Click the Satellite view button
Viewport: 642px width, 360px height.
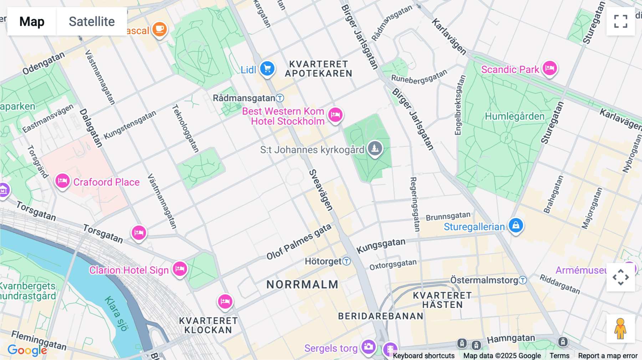[92, 21]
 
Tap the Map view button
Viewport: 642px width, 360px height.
[32, 21]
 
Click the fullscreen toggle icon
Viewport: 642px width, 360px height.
[621, 21]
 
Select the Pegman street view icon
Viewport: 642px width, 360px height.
[620, 328]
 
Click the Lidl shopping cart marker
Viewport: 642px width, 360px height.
[267, 68]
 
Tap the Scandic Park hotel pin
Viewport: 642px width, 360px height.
[550, 68]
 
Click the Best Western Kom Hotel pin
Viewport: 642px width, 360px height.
[335, 115]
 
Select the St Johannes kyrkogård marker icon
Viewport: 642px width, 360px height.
[375, 148]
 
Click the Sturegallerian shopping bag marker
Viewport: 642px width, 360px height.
[516, 225]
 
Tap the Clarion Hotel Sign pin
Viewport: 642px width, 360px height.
[180, 268]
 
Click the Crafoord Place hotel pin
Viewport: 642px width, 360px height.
[62, 181]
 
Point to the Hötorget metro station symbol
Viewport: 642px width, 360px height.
[346, 261]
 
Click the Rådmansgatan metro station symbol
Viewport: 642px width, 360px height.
[280, 98]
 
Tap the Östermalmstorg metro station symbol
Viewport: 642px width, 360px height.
[523, 280]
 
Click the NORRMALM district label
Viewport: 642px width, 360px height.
[302, 284]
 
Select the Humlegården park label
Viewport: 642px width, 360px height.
[514, 116]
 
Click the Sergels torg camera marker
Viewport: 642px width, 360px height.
[368, 346]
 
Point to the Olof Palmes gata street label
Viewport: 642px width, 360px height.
[299, 242]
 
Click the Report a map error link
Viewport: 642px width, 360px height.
[608, 355]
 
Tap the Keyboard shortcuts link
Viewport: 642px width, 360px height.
[424, 355]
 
